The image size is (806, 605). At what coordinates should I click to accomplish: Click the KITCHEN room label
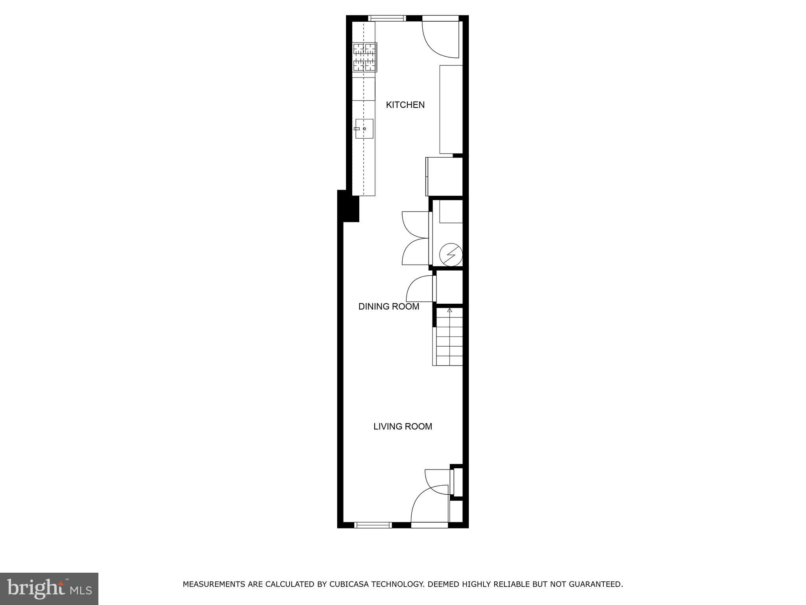(x=405, y=105)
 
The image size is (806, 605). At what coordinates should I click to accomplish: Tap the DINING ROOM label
(x=388, y=306)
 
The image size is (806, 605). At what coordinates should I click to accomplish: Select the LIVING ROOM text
(x=403, y=426)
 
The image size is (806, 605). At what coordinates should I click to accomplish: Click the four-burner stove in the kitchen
(x=365, y=57)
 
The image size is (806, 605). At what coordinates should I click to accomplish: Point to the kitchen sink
(x=364, y=129)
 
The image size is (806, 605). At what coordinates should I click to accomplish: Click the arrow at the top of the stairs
(x=449, y=310)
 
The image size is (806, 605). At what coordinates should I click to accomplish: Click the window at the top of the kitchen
(x=387, y=18)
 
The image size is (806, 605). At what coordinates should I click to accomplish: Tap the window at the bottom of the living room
(x=373, y=525)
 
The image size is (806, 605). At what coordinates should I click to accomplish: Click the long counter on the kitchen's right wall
(x=451, y=109)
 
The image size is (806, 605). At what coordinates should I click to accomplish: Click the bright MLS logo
(x=49, y=588)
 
